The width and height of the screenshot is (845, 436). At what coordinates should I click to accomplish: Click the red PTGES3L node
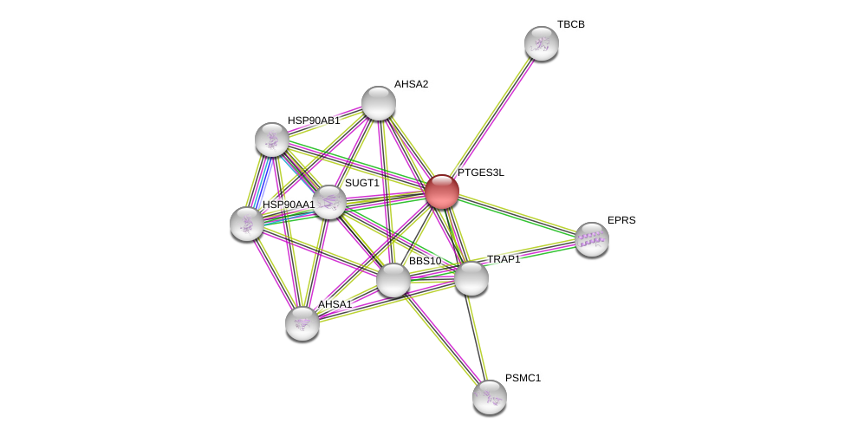point(442,192)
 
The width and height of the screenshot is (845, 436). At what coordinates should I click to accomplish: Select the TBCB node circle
point(542,43)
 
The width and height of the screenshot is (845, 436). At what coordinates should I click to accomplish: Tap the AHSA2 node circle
point(379,103)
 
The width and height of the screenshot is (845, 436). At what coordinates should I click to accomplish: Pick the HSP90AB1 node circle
point(272,140)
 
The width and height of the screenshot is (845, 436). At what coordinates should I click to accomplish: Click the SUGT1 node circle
point(329,202)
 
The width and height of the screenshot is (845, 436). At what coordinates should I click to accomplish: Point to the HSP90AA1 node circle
point(247,224)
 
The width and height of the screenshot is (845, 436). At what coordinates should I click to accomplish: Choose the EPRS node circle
point(592,239)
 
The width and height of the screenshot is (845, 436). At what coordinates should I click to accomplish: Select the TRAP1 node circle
point(471,278)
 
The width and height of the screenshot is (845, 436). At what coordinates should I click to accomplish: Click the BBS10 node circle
point(393,280)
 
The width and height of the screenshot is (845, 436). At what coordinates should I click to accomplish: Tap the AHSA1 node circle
point(302,323)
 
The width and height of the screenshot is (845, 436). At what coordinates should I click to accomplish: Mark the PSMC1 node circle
point(490,397)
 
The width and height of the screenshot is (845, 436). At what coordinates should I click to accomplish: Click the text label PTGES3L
point(481,172)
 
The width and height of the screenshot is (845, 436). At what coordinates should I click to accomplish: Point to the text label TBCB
point(571,24)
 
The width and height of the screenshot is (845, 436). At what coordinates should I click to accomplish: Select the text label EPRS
point(621,220)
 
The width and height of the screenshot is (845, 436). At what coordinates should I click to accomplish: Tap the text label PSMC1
point(523,378)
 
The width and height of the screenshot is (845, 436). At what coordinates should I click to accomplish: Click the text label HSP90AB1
point(314,120)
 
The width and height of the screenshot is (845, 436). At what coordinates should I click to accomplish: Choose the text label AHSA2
point(411,84)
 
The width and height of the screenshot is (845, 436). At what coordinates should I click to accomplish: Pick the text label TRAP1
point(504,259)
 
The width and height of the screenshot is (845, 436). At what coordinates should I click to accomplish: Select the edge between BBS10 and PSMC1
point(442,339)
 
